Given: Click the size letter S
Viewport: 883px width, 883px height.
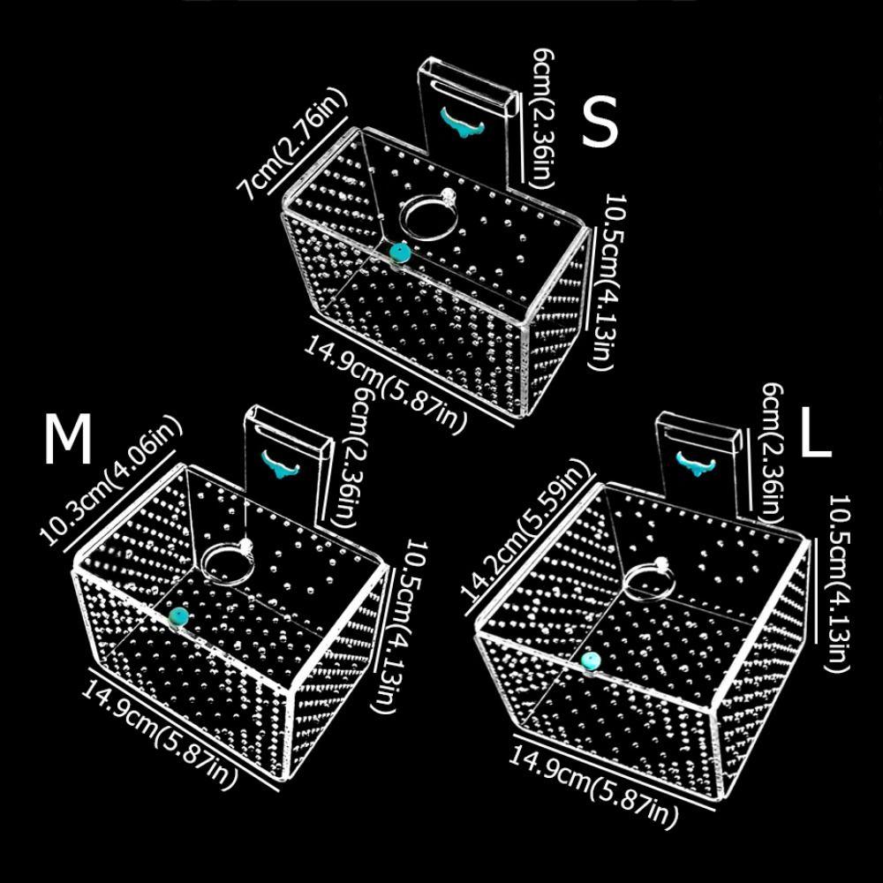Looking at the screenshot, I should point(600,125).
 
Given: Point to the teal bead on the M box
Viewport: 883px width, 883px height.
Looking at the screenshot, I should point(178,615).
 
